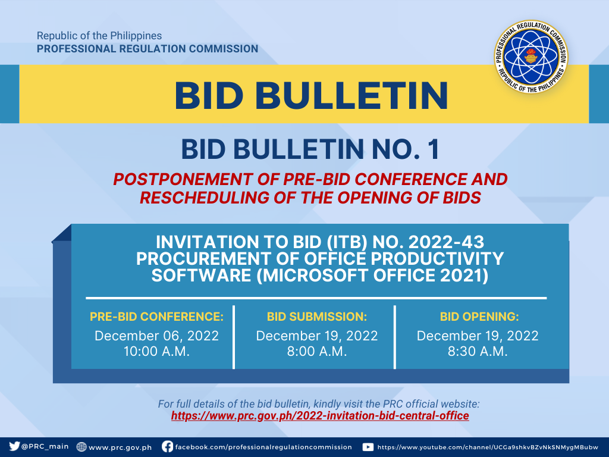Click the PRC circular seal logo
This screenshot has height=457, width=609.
tap(531, 57)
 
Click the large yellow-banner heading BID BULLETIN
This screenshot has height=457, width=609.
tap(312, 96)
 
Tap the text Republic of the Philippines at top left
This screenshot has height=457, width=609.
tap(99, 36)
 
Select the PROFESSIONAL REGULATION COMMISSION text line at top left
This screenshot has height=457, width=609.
tap(147, 49)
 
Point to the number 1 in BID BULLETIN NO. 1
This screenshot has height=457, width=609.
tap(434, 149)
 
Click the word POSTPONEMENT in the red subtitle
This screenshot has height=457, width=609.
tap(183, 180)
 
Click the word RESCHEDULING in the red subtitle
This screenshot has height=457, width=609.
tap(205, 198)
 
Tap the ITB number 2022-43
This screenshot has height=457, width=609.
tap(446, 242)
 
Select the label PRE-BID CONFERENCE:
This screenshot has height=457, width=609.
tap(156, 317)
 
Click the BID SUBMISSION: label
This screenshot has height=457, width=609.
tap(317, 317)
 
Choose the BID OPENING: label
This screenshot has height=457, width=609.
tap(479, 317)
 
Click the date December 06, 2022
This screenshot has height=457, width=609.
tap(156, 336)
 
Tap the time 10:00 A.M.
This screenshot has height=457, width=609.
tap(156, 351)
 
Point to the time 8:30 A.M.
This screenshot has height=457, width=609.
tap(478, 351)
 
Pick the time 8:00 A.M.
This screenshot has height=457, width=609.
tap(317, 351)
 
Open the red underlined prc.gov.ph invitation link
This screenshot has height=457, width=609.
tap(320, 416)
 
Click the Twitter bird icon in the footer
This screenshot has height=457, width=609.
tap(14, 446)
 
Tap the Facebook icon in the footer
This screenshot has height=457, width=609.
tap(167, 446)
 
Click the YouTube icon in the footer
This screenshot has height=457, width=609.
tap(368, 447)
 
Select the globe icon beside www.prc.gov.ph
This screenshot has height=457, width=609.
tap(81, 447)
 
